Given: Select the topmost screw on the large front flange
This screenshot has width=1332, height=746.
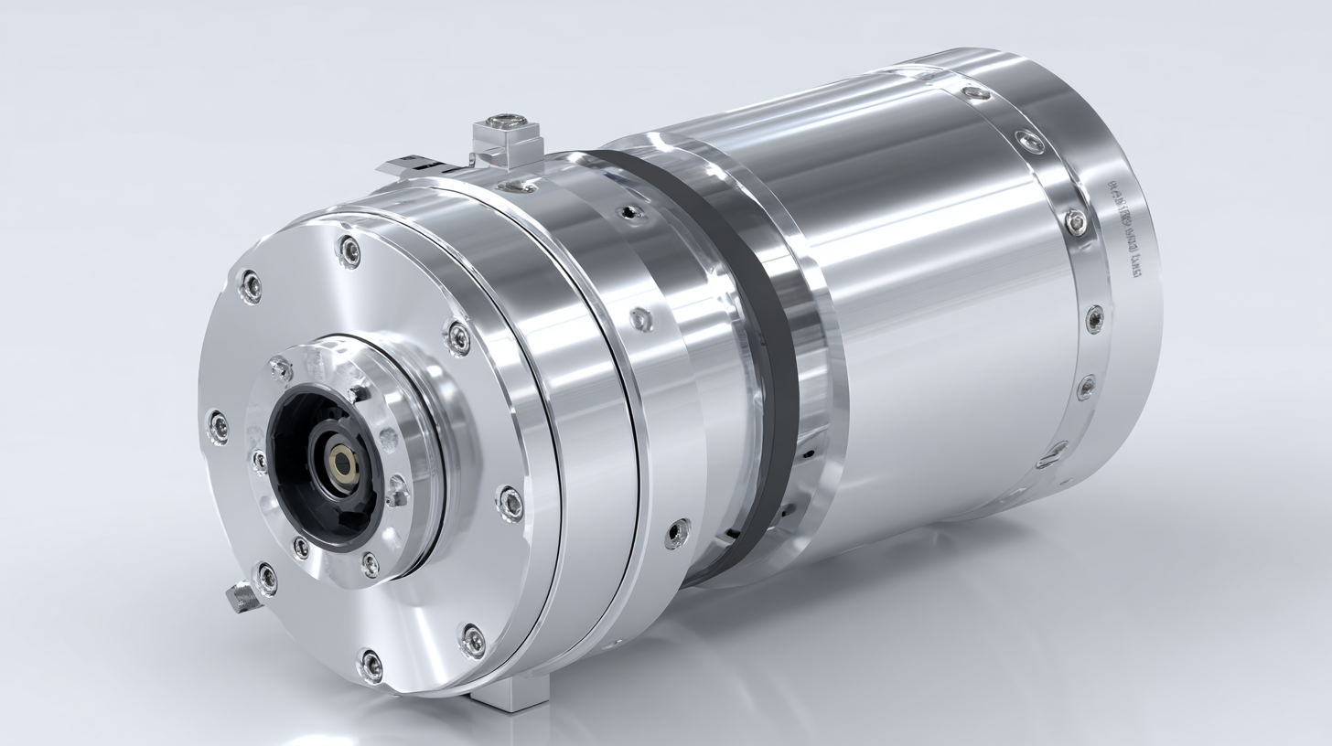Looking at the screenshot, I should click(x=349, y=250).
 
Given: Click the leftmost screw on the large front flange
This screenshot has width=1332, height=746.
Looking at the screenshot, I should click(x=218, y=425).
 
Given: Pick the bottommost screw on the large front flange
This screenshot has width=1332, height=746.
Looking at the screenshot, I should click(x=371, y=665).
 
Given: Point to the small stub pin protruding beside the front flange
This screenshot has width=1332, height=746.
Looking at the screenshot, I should click(x=240, y=597).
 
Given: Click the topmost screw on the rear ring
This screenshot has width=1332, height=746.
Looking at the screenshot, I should click(x=977, y=92).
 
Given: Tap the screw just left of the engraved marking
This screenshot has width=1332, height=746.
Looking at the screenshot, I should click(x=1077, y=221).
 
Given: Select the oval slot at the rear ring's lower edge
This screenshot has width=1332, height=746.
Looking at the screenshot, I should click(x=1052, y=453).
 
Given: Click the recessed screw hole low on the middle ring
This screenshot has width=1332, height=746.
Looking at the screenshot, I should click(x=677, y=533).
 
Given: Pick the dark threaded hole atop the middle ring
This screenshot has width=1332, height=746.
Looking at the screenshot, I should click(x=628, y=213).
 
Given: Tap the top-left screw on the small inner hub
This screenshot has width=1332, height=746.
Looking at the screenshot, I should click(x=280, y=369).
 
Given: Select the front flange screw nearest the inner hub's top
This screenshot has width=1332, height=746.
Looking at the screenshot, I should click(x=457, y=336).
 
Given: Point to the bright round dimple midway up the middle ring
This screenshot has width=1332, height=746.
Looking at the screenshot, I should click(x=641, y=319).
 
